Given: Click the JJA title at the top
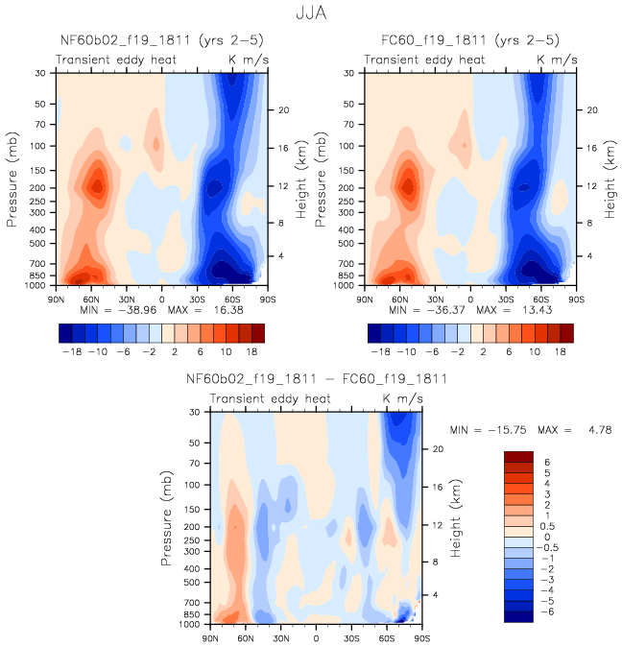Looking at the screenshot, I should (x=311, y=14).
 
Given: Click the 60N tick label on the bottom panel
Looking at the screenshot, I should (x=247, y=637).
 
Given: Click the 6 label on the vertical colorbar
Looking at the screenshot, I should (x=547, y=462).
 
